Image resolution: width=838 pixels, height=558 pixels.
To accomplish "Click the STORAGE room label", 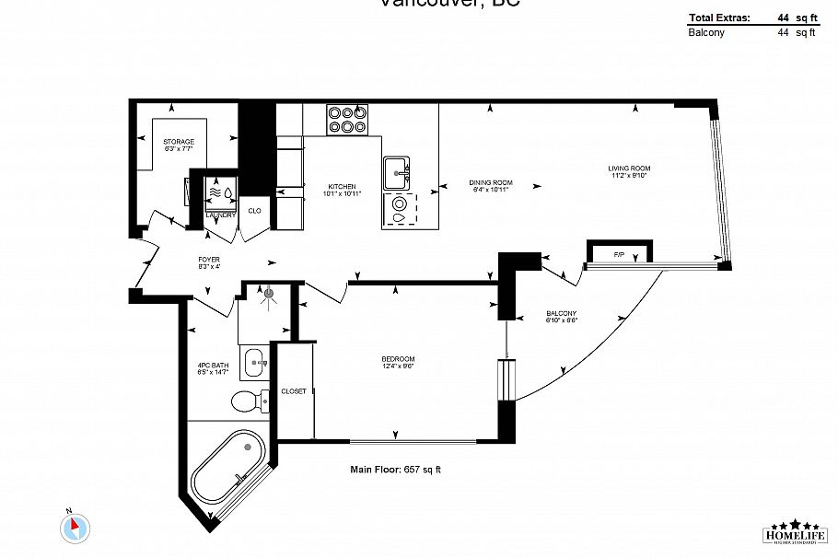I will click(179, 142).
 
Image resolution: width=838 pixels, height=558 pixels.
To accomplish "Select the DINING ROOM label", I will click(490, 182).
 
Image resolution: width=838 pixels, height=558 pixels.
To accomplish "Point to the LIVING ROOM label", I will click(629, 168).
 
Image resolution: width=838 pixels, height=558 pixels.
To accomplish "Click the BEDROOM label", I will click(398, 358).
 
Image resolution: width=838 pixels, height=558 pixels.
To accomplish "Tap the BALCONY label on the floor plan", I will click(561, 317).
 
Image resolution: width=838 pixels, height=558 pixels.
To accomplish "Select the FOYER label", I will click(208, 260).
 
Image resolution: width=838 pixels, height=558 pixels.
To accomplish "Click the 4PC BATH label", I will click(213, 366).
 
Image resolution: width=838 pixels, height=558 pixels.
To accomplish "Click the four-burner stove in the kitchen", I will click(347, 120).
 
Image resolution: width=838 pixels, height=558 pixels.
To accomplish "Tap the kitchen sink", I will click(399, 170).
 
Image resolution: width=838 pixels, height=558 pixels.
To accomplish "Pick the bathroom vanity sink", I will click(255, 362).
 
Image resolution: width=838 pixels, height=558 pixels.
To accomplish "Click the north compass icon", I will click(76, 528).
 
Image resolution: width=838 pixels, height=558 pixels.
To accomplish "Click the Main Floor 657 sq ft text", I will click(396, 470).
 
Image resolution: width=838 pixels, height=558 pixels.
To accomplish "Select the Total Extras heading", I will click(719, 17).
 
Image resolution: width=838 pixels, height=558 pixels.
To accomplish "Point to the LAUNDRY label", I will click(221, 215).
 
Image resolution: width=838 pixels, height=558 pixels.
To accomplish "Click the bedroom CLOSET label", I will click(294, 391).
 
